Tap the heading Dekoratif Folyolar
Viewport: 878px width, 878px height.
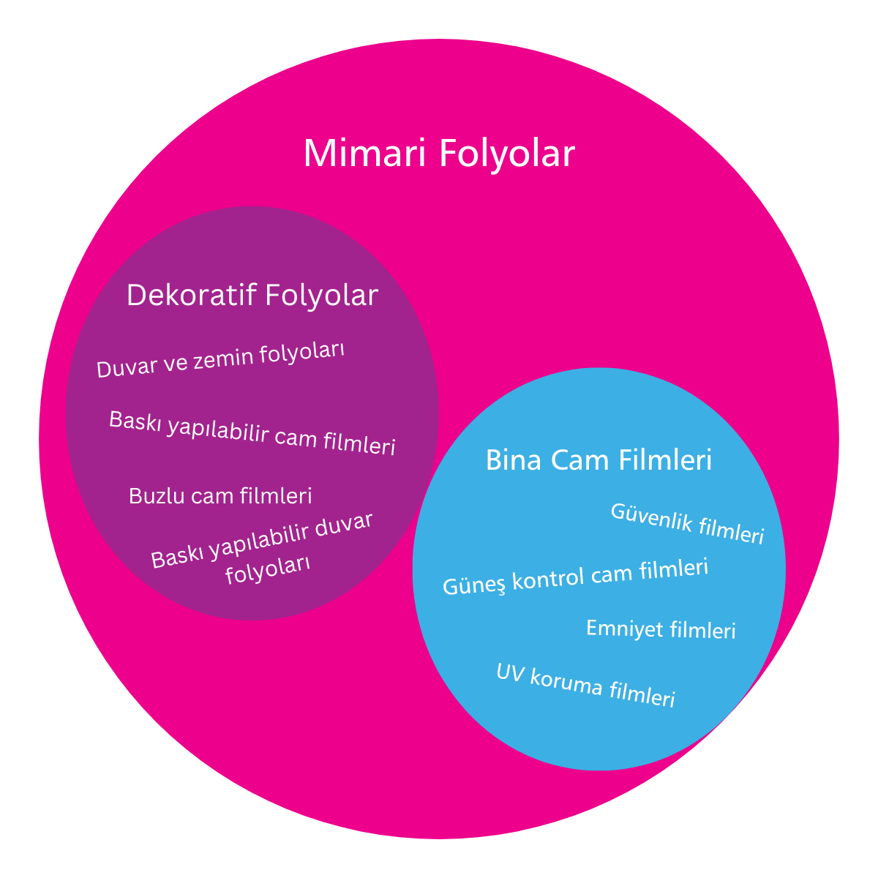pyautogui.click(x=252, y=296)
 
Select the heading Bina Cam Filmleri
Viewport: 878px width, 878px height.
pyautogui.click(x=599, y=460)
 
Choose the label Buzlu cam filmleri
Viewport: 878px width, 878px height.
pyautogui.click(x=220, y=496)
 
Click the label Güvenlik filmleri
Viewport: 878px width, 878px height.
pyautogui.click(x=687, y=523)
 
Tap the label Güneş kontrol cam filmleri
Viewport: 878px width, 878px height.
pyautogui.click(x=576, y=577)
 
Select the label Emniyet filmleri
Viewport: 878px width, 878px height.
pyautogui.click(x=661, y=629)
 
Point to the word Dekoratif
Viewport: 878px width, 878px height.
pyautogui.click(x=192, y=296)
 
